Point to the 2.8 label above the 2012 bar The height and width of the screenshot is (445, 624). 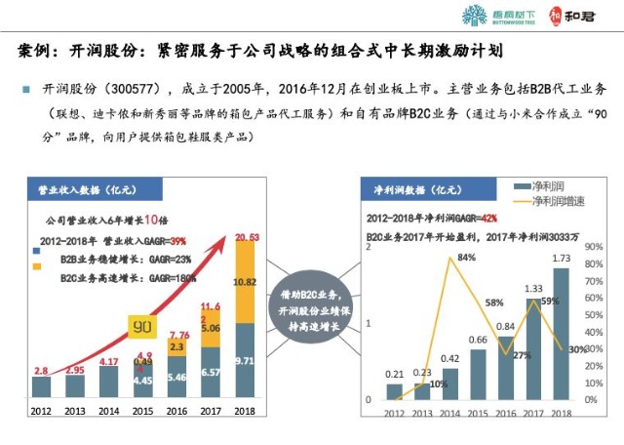(42, 371)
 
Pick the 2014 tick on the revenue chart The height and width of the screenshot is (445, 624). (109, 411)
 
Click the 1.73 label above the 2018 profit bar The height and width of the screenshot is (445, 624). (562, 258)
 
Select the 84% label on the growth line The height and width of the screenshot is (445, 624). (466, 258)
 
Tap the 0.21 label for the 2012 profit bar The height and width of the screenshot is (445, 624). (395, 374)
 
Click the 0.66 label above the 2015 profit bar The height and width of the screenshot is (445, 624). (478, 340)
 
